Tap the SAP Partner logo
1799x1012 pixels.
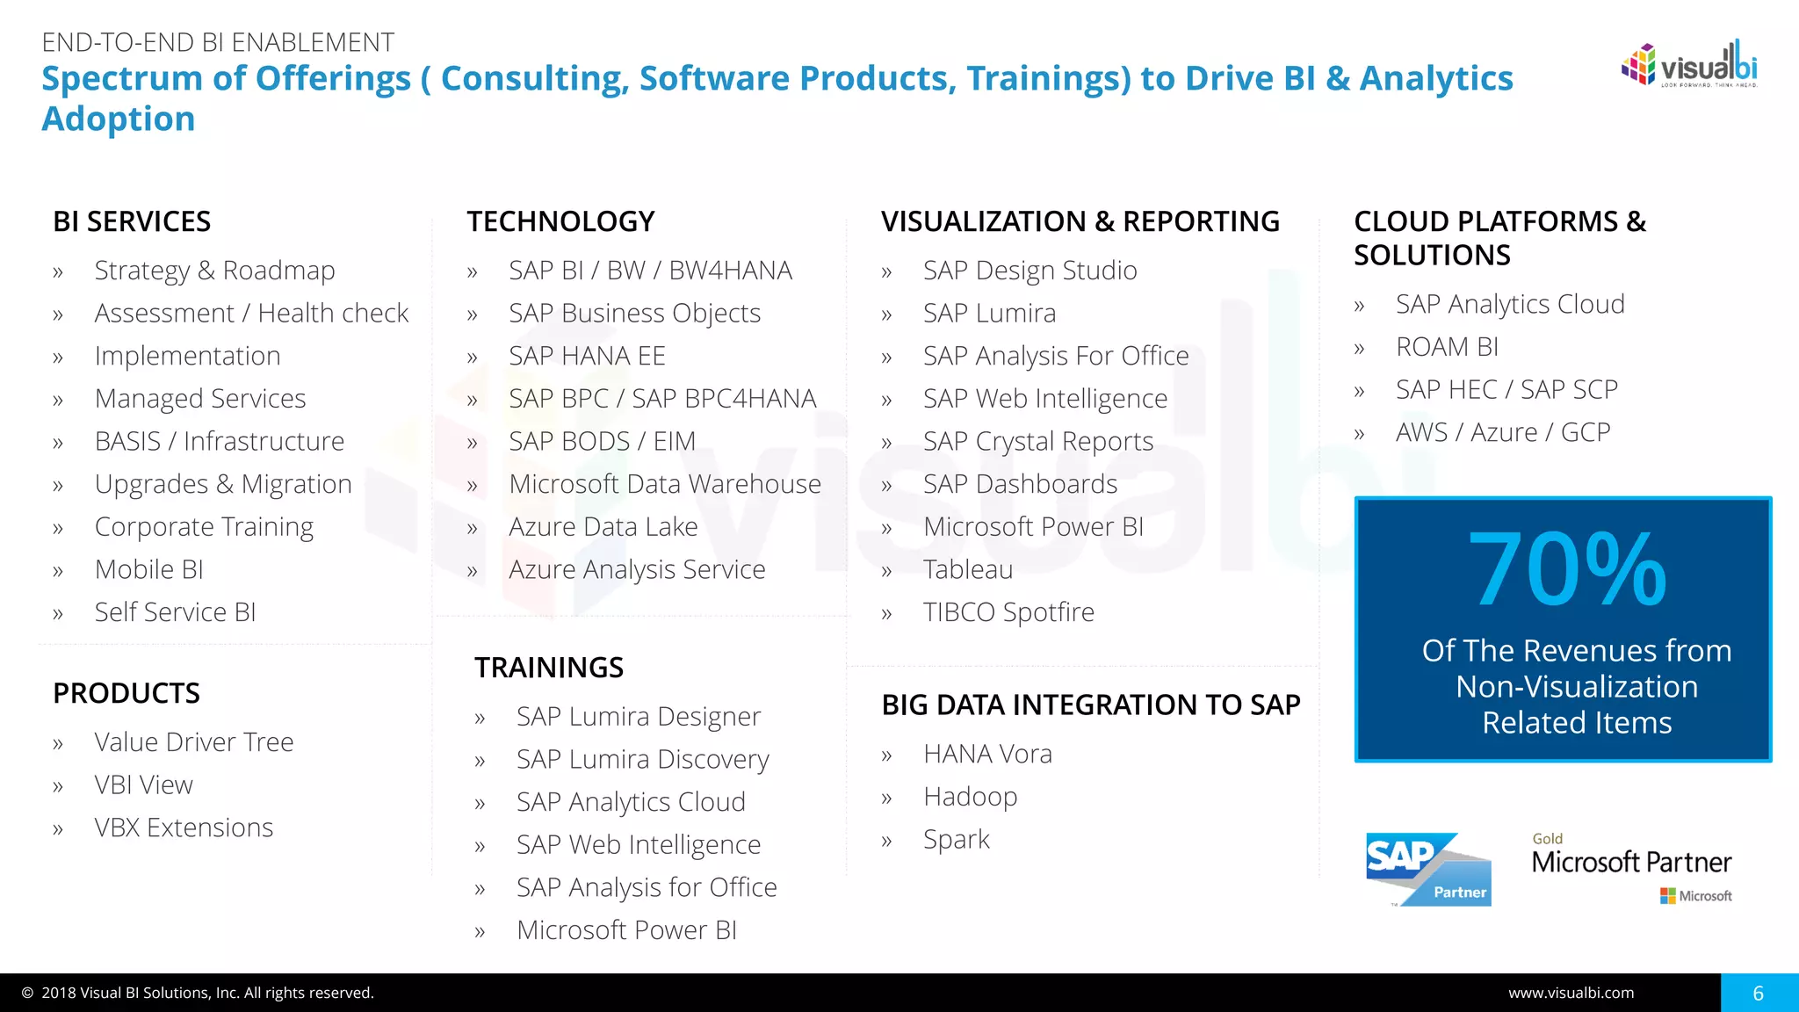pos(1428,869)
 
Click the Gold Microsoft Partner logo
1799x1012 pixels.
pos(1631,866)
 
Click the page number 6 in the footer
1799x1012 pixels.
pos(1758,993)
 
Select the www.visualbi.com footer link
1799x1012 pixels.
pos(1571,993)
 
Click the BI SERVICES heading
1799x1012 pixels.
pos(132,221)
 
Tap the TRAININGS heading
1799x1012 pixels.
pos(549,668)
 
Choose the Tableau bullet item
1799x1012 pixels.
pos(967,569)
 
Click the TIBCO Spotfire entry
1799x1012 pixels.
pos(1008,612)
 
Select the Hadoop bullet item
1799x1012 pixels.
pos(970,797)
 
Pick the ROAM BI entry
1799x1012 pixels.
pos(1447,347)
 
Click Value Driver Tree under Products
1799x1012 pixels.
pos(193,742)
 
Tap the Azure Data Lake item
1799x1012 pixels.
pos(603,527)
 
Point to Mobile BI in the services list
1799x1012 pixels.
pos(148,569)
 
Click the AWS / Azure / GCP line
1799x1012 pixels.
pos(1502,432)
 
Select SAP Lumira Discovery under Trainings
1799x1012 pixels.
pos(642,759)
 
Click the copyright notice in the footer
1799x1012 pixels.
pos(199,993)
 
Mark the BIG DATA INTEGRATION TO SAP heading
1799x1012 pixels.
pos(1090,705)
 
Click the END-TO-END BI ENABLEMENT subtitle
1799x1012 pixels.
pos(218,42)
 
